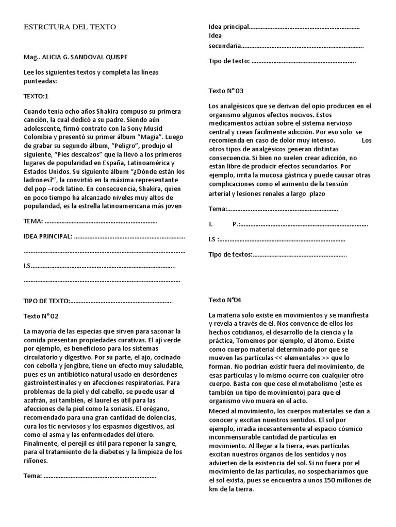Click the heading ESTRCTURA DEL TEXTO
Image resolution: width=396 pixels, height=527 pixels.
70,27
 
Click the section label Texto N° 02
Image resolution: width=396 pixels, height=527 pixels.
45,316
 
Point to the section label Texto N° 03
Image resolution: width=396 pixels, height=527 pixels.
226,91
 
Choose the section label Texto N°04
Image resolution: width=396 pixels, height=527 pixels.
225,300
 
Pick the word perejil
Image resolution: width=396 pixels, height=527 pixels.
90,444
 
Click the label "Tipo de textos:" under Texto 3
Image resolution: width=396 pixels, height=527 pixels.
230,255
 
